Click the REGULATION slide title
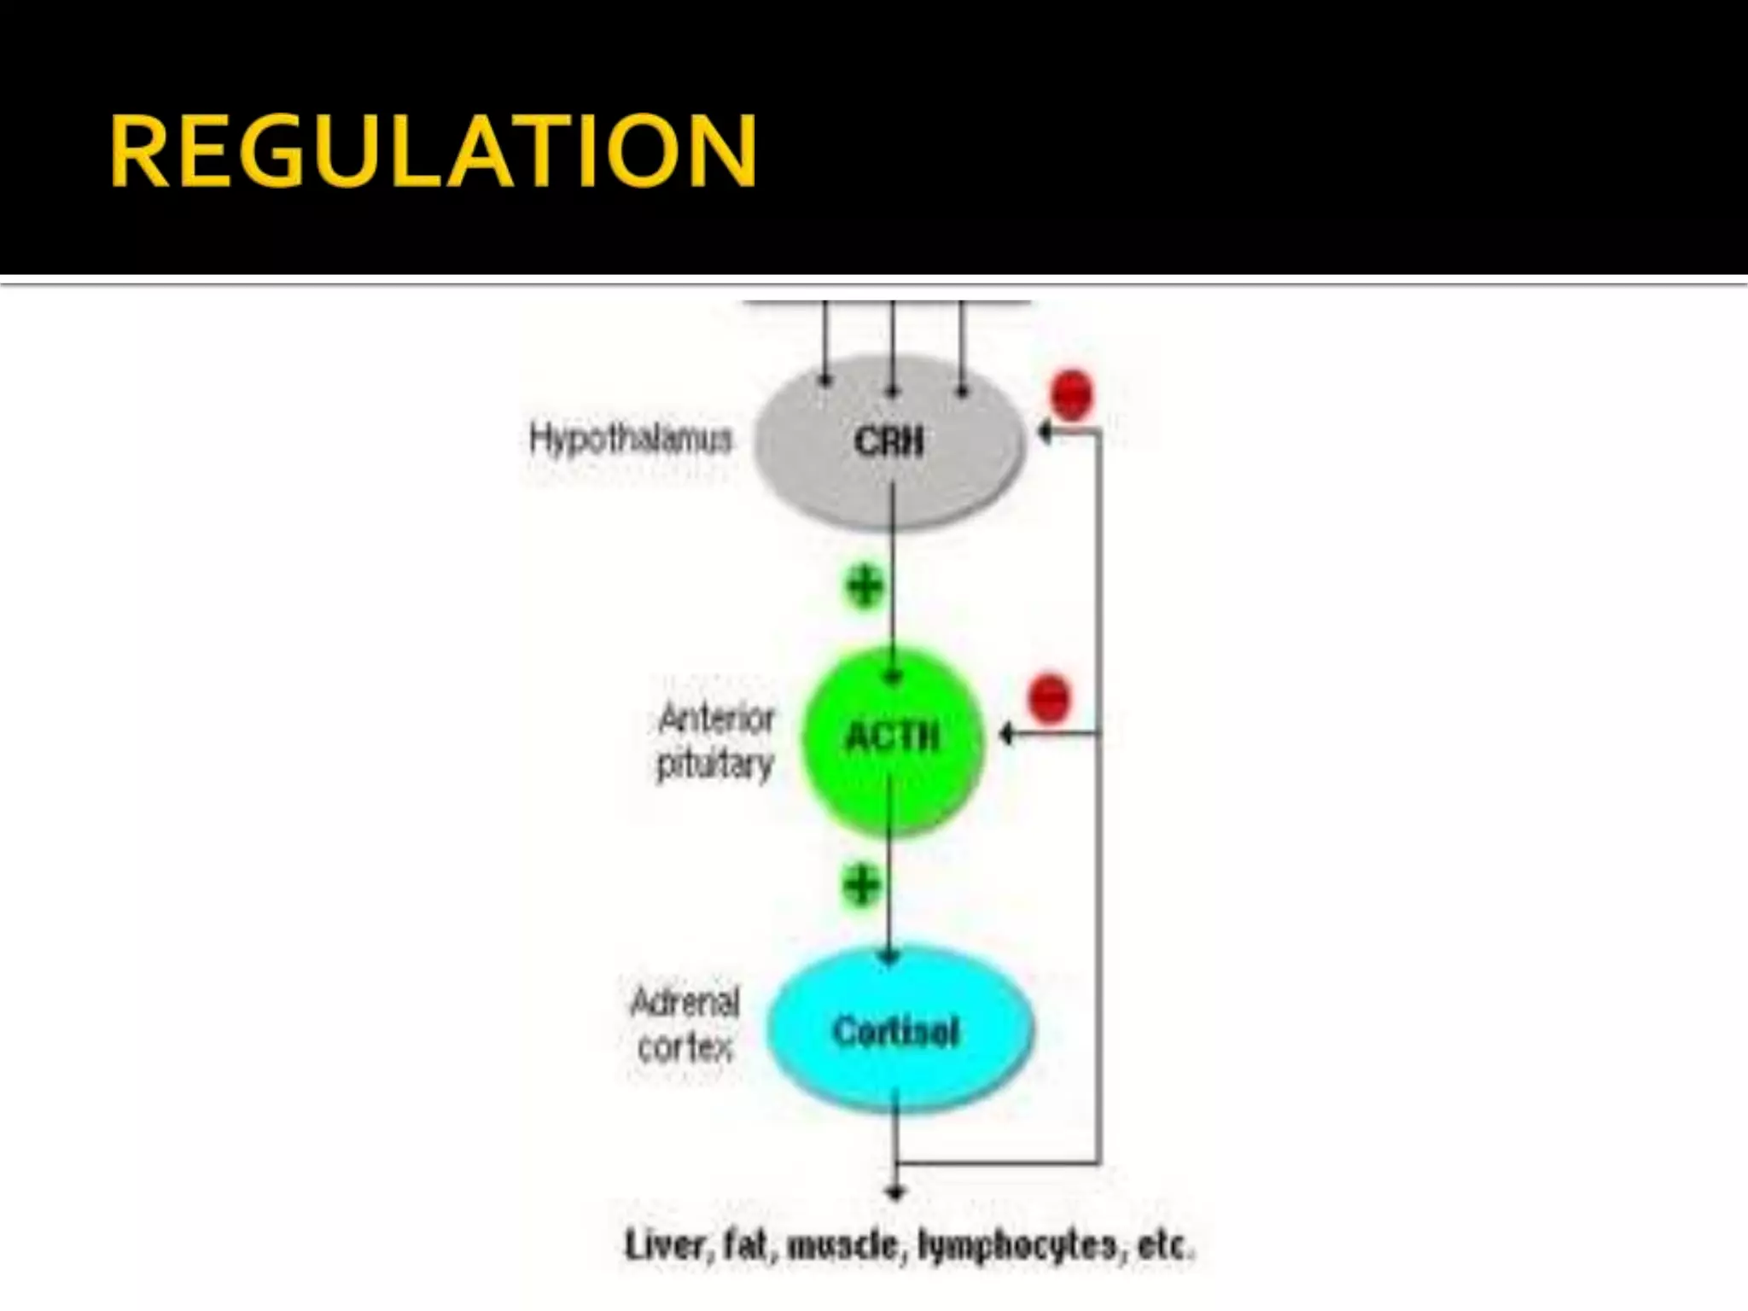pos(433,152)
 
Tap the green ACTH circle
pos(892,768)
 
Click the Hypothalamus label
pos(631,440)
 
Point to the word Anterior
pos(717,720)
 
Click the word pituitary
pos(714,764)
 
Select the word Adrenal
pos(685,1002)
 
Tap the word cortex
pos(685,1047)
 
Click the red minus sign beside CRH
pos(1072,394)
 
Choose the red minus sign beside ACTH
pos(1049,697)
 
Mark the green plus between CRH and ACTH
pos(864,586)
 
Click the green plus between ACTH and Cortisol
pos(861,884)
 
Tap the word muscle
pos(842,1246)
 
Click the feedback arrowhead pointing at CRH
pos(1044,432)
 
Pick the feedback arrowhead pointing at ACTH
pos(1007,733)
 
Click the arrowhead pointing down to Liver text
pos(894,1192)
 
